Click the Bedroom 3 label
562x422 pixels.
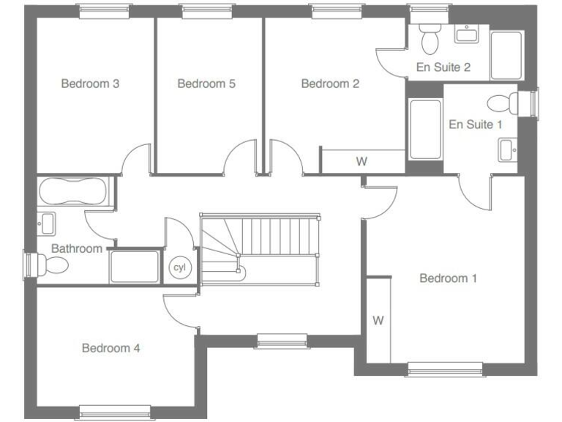tap(90, 84)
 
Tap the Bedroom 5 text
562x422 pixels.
tap(206, 84)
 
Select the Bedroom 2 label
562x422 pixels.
tap(330, 84)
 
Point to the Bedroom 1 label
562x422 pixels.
tap(448, 278)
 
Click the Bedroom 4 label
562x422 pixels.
tap(110, 348)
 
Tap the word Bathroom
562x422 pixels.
tap(77, 248)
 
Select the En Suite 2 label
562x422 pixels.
tap(443, 67)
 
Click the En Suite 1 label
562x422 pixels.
tap(475, 125)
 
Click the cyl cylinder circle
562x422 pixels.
tap(179, 267)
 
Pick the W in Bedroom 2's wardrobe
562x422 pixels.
tap(361, 162)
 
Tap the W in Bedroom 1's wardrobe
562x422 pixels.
tap(378, 320)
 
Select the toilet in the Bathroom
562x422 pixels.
tap(54, 264)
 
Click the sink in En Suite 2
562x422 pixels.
tap(465, 33)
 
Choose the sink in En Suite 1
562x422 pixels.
tap(507, 149)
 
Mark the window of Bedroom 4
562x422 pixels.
tap(115, 411)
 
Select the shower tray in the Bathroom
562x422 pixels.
tap(134, 267)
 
